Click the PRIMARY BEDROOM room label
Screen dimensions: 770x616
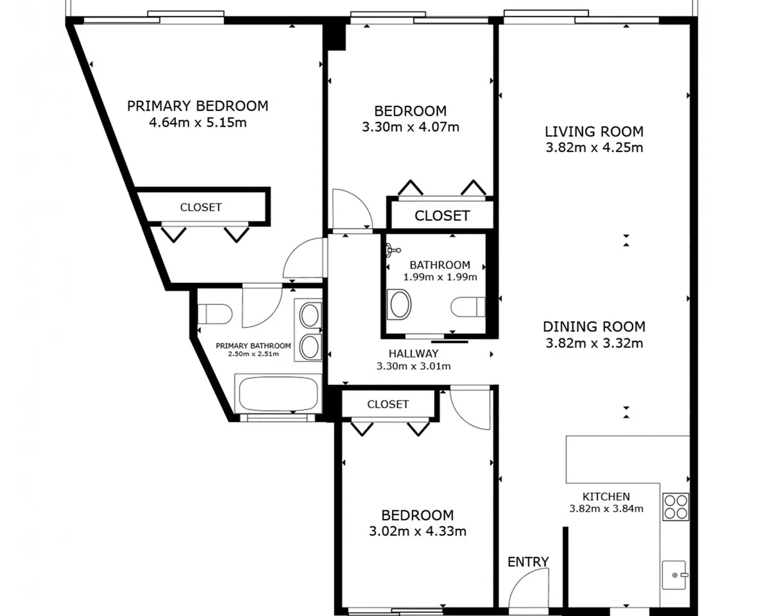click(x=198, y=106)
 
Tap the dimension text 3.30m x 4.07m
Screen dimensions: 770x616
click(x=411, y=127)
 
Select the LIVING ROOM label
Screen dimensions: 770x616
click(x=594, y=132)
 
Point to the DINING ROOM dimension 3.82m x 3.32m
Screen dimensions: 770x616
click(x=594, y=343)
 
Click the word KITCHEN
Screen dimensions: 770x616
click(x=606, y=497)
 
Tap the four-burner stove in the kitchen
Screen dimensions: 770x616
click(x=676, y=507)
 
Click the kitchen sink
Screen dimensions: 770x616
click(x=674, y=575)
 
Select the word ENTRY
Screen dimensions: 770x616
click(x=528, y=562)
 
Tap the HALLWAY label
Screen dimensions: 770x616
click(x=414, y=354)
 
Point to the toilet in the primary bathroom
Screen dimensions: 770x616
click(x=215, y=314)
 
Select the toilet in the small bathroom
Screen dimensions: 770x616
click(x=468, y=307)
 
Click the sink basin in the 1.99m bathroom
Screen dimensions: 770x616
click(x=399, y=304)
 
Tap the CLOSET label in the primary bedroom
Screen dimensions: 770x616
click(x=201, y=207)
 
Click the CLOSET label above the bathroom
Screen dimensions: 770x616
click(x=442, y=216)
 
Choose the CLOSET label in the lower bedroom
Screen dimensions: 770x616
click(x=388, y=404)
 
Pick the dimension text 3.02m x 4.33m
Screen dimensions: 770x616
click(x=418, y=531)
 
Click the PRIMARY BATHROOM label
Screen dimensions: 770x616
click(x=253, y=346)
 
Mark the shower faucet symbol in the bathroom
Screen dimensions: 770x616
click(x=393, y=250)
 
